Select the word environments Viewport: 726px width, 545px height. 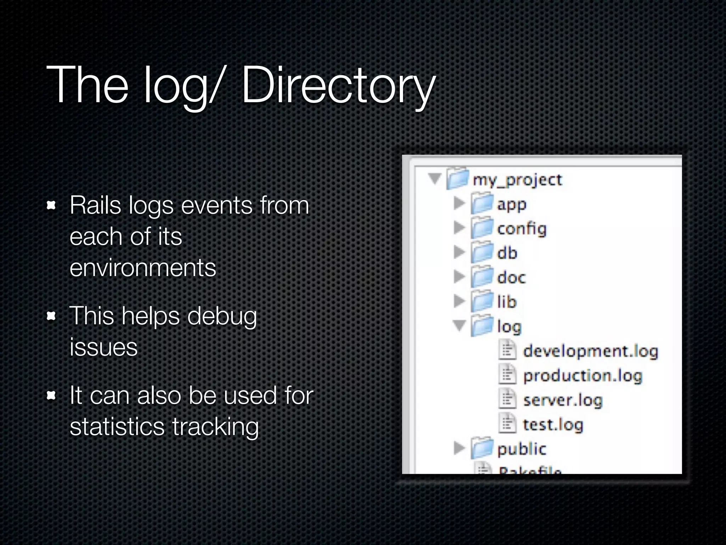click(143, 268)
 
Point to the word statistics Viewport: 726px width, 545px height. click(117, 426)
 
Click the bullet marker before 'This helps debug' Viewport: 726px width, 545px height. click(52, 315)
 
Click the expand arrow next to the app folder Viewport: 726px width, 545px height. click(459, 203)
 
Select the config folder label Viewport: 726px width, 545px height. click(521, 229)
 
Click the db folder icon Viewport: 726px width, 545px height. click(482, 253)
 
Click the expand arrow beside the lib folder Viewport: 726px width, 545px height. click(459, 301)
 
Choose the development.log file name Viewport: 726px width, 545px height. click(590, 351)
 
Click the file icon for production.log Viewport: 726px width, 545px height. click(507, 375)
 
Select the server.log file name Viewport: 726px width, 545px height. click(563, 400)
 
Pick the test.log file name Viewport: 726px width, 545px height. click(553, 425)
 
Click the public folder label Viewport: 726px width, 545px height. click(521, 449)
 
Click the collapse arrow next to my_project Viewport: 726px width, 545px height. click(435, 178)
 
